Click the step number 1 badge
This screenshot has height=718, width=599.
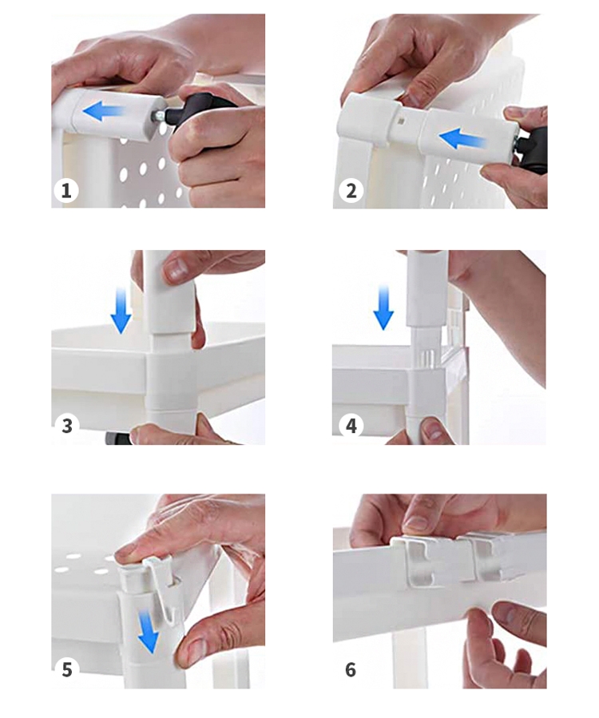coord(66,191)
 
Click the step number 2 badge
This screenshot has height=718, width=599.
coord(351,191)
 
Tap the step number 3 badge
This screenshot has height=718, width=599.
coord(67,426)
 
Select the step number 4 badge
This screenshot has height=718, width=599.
coord(351,426)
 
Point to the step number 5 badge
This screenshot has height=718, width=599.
coord(67,669)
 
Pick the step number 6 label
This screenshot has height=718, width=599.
coord(351,669)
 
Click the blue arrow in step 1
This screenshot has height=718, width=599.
coord(102,111)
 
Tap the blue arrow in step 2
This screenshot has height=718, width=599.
coord(462,138)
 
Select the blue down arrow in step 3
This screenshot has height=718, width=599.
coord(121,310)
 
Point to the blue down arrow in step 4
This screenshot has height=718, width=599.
coord(383,307)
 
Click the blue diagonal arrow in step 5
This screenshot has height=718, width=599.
coord(148,632)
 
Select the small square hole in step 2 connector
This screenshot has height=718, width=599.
coord(401,122)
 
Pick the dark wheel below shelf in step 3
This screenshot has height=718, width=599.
coord(117,438)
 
